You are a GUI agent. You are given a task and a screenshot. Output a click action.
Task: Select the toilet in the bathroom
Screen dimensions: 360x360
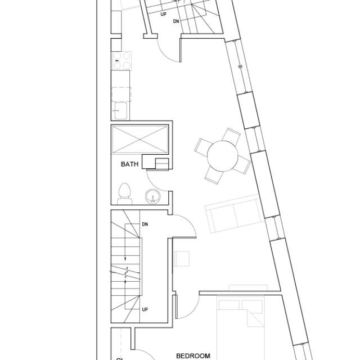[x=124, y=193]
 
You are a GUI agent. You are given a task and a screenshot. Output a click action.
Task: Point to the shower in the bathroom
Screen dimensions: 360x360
[x=140, y=138]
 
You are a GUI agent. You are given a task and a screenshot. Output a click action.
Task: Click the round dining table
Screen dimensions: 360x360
[x=222, y=156]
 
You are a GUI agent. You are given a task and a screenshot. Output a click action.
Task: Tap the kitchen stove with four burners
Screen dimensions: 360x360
[x=122, y=60]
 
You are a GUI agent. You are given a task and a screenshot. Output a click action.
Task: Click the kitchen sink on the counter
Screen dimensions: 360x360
[x=120, y=110]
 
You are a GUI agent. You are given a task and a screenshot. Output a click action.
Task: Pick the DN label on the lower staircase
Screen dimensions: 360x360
[x=145, y=224]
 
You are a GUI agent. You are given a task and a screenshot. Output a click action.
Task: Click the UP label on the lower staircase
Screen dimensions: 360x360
[x=145, y=309]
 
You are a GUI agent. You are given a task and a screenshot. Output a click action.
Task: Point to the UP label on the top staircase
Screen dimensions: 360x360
[x=164, y=14]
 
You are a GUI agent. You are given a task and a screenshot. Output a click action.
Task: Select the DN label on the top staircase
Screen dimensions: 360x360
[x=177, y=21]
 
